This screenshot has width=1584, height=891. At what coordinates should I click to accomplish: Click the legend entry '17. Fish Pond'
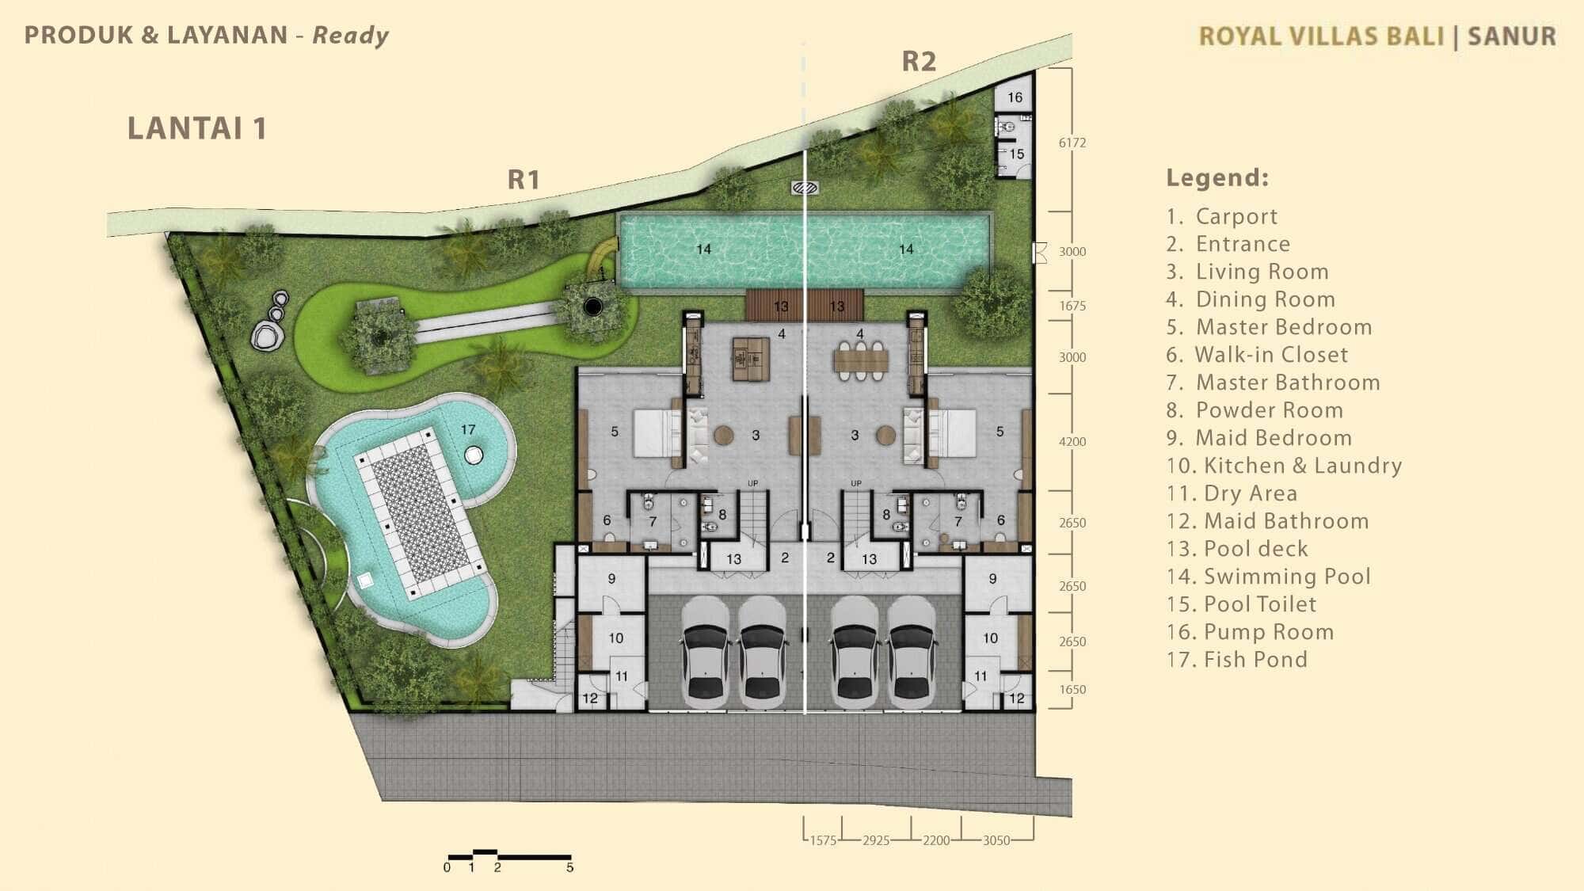(1236, 659)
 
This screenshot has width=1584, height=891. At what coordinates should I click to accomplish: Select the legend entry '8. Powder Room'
(1255, 409)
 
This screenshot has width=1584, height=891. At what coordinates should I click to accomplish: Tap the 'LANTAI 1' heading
(197, 128)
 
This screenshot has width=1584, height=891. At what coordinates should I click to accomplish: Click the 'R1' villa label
(524, 180)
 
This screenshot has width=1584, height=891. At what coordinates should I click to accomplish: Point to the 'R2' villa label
(919, 61)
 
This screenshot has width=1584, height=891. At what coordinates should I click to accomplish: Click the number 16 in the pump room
(1015, 97)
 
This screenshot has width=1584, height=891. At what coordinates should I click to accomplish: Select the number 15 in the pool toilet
(1017, 154)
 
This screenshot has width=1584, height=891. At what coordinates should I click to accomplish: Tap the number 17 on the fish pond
(468, 429)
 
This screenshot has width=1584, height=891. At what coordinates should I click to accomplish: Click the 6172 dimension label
(1072, 143)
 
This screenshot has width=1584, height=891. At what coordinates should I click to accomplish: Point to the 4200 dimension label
(1072, 441)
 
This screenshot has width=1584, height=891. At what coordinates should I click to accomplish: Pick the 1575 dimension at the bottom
(823, 840)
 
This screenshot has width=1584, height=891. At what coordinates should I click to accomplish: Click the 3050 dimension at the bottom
(996, 840)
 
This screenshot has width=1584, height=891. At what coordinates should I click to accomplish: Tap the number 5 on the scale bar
(569, 867)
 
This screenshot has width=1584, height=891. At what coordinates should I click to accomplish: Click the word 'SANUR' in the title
(1512, 36)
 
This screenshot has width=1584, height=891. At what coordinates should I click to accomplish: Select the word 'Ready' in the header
(351, 36)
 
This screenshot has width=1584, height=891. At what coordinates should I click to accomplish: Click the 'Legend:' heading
(1217, 177)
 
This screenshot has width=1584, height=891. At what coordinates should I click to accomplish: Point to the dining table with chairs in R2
(861, 361)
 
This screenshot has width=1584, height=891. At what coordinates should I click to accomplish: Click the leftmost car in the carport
(705, 652)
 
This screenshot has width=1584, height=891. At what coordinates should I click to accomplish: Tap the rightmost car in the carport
(912, 652)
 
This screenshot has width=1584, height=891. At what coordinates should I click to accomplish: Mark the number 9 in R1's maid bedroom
(611, 579)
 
